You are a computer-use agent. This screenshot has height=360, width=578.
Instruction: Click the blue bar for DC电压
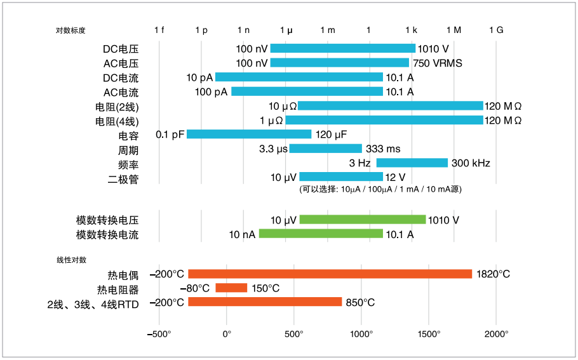point(342,48)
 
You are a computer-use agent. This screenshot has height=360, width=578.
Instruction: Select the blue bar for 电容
point(249,134)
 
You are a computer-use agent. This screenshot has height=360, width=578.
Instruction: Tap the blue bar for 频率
point(412,163)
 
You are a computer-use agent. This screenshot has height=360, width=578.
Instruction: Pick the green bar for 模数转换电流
point(321,234)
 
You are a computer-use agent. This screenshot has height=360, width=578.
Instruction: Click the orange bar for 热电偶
point(330,274)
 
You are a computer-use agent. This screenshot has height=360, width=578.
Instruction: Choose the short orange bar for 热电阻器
point(231,288)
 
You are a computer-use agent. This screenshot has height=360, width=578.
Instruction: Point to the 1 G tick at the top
point(496,30)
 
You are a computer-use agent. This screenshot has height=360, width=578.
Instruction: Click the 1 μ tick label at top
point(286,30)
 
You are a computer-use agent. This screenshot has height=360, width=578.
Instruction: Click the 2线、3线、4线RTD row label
point(93,303)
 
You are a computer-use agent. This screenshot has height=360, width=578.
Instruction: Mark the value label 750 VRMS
point(438,63)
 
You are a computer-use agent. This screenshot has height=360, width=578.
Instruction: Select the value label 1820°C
point(493,274)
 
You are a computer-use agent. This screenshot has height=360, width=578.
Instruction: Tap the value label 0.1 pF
point(169,135)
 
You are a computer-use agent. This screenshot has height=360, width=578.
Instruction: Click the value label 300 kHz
point(471,163)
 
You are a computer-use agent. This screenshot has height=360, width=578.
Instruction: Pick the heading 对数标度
point(71,30)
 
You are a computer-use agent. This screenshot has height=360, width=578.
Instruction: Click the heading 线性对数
point(71,260)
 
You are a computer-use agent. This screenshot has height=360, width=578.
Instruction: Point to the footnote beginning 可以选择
point(380,189)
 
